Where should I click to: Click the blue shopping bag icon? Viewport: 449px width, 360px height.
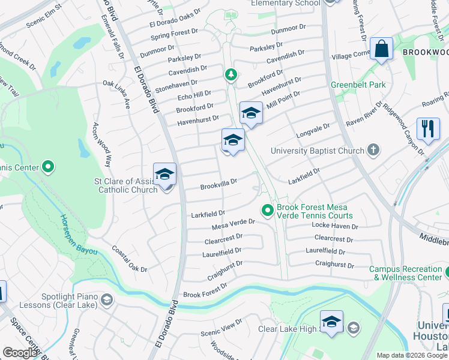coord(382,49)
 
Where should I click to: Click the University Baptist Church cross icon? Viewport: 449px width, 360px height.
coord(373,149)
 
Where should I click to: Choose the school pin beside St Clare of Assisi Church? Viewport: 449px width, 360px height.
coord(164,175)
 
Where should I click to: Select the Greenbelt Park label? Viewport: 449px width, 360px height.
coord(358,85)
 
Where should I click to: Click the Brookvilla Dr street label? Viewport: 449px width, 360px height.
coord(219,182)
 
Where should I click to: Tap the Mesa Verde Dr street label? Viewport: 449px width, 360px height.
coord(234,224)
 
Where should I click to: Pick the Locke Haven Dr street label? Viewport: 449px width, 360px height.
coord(335,226)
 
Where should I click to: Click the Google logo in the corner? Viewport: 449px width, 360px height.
coord(20,353)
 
